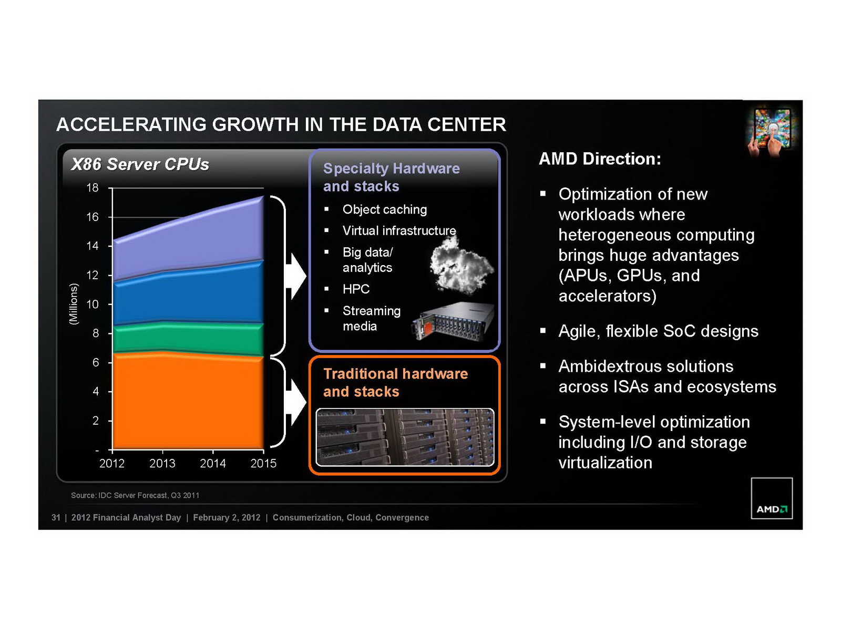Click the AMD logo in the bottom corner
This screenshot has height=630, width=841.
[x=771, y=498]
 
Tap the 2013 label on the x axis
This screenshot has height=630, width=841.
[x=162, y=463]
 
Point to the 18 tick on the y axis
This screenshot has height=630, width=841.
[x=93, y=187]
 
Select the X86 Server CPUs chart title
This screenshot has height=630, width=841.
[x=140, y=164]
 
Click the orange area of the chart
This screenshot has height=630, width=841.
[x=188, y=402]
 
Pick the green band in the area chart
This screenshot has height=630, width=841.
[x=188, y=339]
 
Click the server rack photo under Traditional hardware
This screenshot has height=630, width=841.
[x=405, y=437]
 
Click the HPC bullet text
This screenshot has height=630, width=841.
[x=356, y=289]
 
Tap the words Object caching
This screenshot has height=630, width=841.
[x=385, y=209]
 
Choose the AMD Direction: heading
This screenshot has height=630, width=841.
[x=600, y=159]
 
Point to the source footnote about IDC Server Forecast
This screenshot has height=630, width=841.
[x=135, y=496]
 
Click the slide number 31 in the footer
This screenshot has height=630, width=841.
[x=56, y=518]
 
